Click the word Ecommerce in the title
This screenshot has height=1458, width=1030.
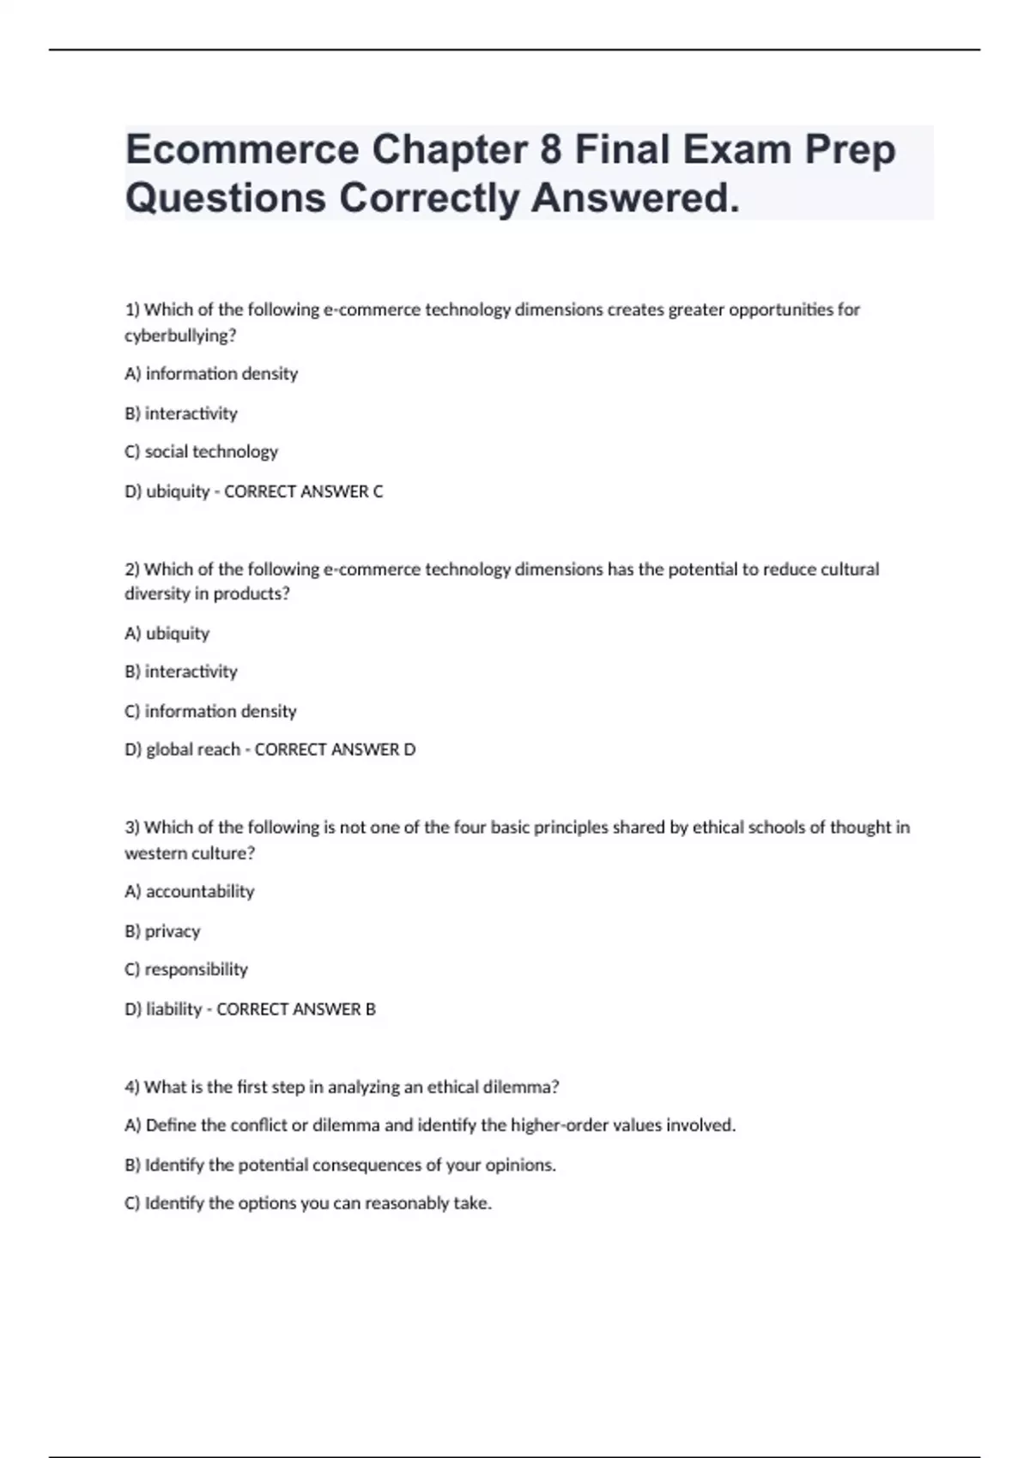[x=242, y=150]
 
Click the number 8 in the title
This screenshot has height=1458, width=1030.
[x=551, y=150]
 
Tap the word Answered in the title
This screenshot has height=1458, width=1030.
[x=633, y=198]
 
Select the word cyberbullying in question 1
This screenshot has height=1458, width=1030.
[x=179, y=336]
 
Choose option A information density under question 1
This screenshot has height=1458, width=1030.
[x=211, y=374]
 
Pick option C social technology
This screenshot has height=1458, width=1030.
[x=202, y=452]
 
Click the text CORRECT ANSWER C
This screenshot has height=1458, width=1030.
[x=303, y=491]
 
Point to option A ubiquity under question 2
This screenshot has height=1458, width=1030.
[x=167, y=634]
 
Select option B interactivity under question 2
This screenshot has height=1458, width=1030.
[x=181, y=672]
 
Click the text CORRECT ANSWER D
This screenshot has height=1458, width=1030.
[x=335, y=750]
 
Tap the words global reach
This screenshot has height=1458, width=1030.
[x=193, y=750]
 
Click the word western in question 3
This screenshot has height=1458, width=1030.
[x=151, y=853]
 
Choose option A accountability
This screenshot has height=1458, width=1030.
[x=190, y=892]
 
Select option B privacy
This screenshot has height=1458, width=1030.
[x=162, y=931]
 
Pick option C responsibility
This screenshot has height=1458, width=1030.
[x=186, y=970]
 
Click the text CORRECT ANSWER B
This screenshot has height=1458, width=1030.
[x=296, y=1009]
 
